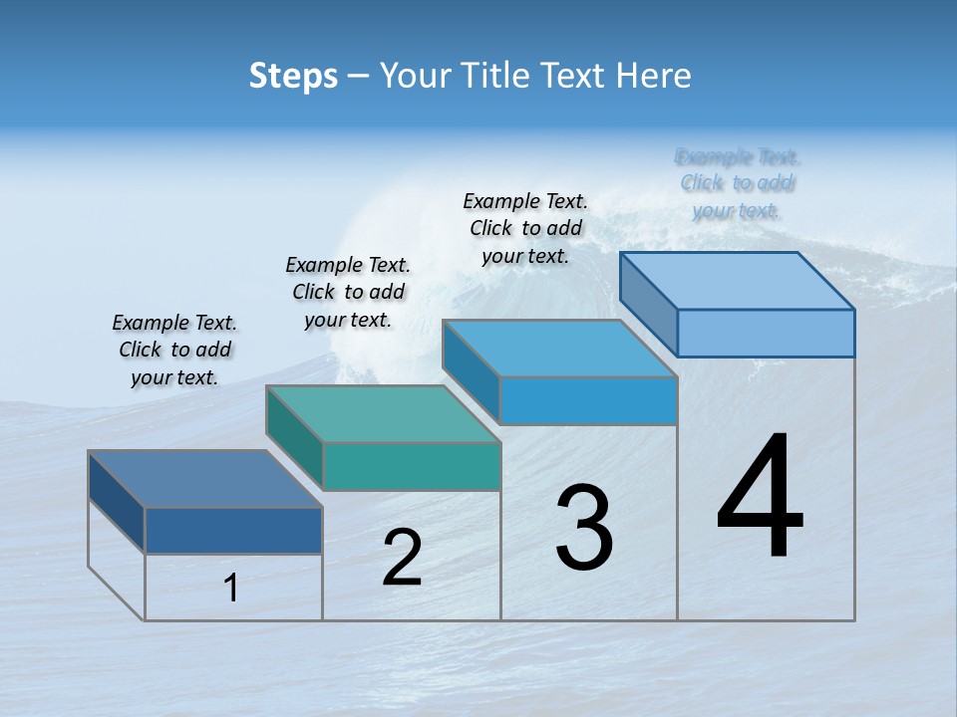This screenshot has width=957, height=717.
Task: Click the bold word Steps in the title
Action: pos(293,76)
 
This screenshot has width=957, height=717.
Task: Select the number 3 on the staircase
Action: pos(584,528)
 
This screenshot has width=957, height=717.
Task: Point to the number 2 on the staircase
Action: pos(402,558)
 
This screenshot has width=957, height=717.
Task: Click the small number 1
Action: pos(231,588)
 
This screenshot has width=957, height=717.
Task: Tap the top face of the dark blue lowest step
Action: pos(205,479)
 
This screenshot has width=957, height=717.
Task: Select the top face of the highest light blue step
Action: pos(737,281)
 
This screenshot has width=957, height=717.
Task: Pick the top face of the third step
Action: pos(559,349)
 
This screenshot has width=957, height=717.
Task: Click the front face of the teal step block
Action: pos(412,467)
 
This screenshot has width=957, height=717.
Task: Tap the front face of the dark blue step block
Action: pos(233,531)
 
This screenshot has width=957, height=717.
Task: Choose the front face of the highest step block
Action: pos(766,333)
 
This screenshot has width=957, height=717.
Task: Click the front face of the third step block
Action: pos(588,400)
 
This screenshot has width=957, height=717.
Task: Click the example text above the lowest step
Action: pos(174,350)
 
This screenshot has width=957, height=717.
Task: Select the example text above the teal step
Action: pos(348,292)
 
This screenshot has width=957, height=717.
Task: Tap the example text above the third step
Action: pos(525,228)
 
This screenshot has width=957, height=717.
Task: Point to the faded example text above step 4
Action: pos(738,183)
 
